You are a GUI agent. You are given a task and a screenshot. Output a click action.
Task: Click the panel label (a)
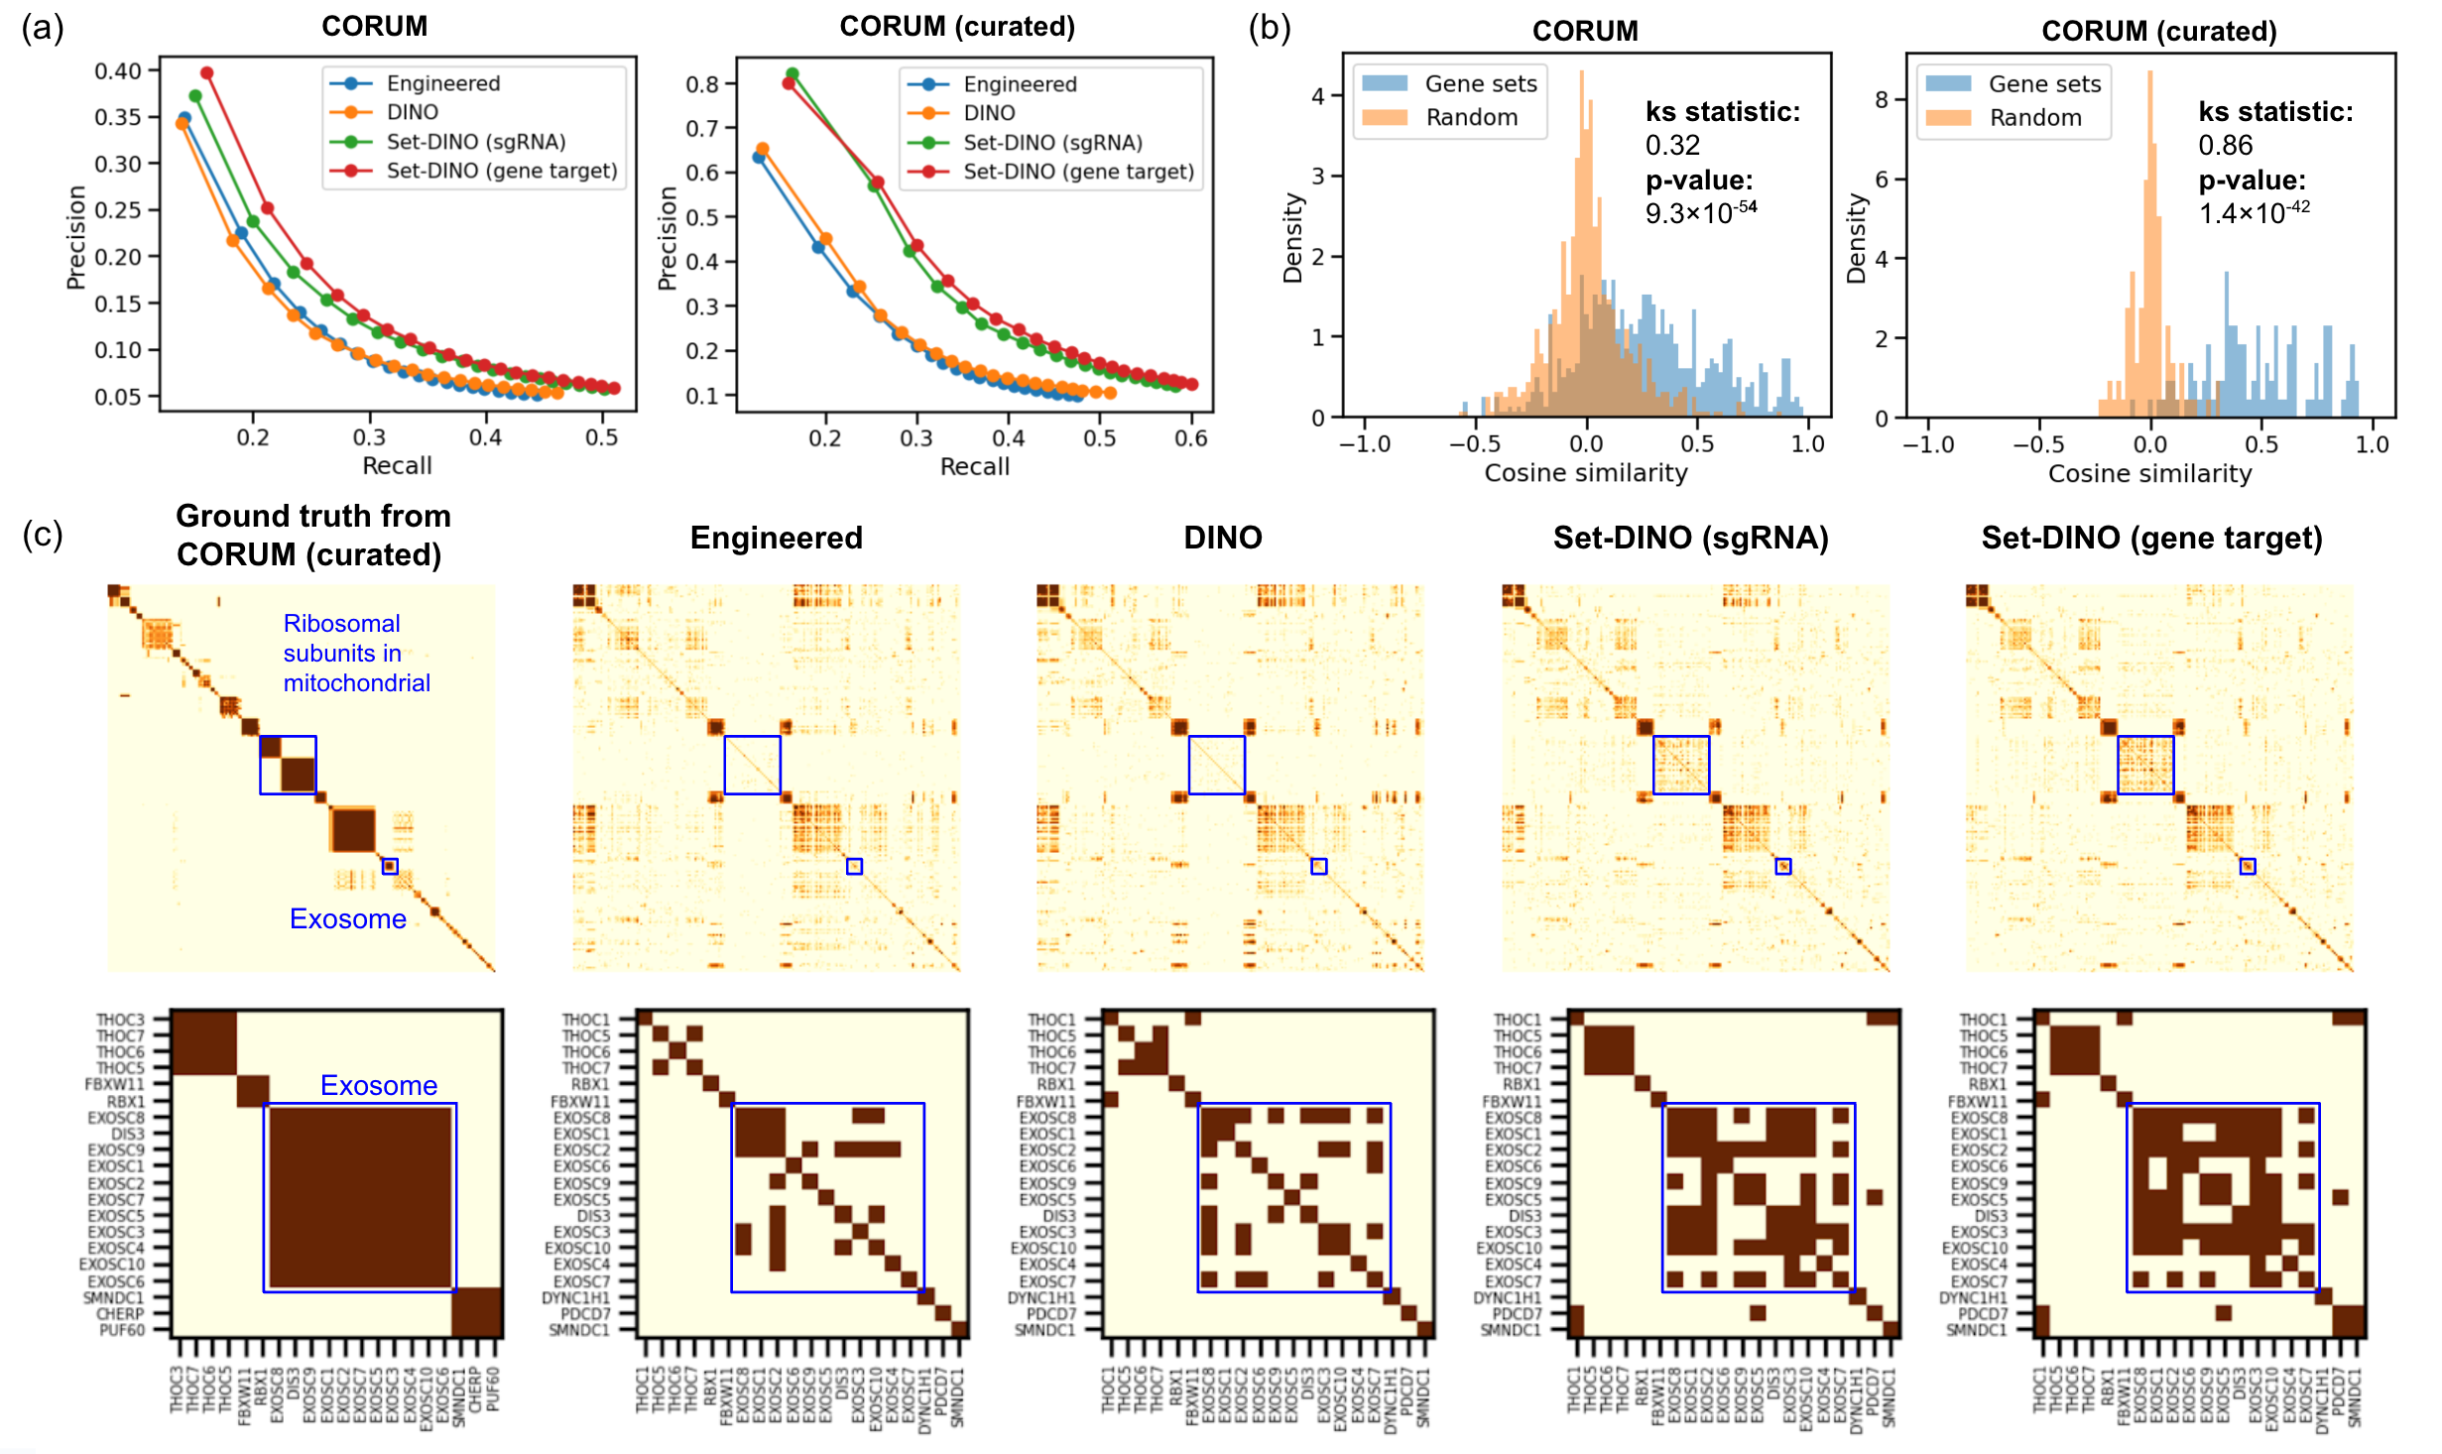click(x=43, y=28)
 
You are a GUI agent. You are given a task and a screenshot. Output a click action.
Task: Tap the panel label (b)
click(x=1270, y=28)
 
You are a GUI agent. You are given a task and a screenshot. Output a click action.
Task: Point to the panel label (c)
click(x=43, y=536)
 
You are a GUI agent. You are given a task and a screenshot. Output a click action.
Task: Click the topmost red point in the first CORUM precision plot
click(x=207, y=73)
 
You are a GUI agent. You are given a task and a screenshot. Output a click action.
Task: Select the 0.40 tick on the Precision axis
click(x=118, y=71)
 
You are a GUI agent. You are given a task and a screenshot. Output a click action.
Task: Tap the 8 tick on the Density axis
click(x=1882, y=100)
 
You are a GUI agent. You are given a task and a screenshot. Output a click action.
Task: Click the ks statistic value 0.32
click(x=1672, y=146)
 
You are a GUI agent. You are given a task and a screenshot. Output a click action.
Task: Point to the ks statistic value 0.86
click(x=2225, y=146)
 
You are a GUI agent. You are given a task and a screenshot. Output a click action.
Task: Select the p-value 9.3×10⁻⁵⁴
click(x=1700, y=212)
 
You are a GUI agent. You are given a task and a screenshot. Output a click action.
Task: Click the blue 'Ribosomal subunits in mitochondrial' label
click(x=356, y=653)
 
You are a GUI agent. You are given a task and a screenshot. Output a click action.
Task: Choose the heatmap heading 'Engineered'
click(x=776, y=538)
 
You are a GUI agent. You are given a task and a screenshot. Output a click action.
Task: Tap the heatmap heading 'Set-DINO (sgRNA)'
click(x=1690, y=538)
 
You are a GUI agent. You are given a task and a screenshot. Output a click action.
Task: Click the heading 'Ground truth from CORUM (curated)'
click(x=312, y=536)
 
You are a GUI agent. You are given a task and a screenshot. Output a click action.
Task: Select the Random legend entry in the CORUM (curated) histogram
click(x=2034, y=118)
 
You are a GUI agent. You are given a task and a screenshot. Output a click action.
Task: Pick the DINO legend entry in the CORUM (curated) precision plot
click(x=989, y=113)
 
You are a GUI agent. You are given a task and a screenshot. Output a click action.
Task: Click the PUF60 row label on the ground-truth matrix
click(x=122, y=1330)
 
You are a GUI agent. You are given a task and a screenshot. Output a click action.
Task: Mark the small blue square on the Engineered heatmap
click(x=854, y=867)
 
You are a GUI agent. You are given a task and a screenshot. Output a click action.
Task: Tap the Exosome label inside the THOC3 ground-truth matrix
click(x=378, y=1085)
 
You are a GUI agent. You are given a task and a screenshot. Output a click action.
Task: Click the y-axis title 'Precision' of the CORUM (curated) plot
click(x=667, y=238)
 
